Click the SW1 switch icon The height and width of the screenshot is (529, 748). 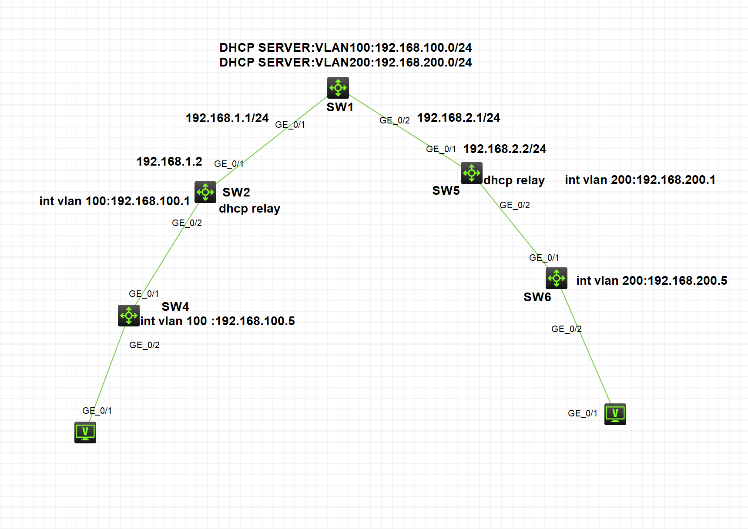338,88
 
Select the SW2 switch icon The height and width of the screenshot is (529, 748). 205,192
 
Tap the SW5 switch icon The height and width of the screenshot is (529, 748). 472,173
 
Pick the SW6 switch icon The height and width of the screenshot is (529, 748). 557,278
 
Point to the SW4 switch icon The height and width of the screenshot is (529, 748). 129,316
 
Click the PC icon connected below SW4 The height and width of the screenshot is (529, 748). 85,433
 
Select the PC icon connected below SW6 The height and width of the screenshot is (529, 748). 615,414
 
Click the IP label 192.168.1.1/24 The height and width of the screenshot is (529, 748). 227,118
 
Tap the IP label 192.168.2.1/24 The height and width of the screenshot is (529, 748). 459,118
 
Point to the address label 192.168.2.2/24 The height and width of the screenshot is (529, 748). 505,149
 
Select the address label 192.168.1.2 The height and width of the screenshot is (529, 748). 169,162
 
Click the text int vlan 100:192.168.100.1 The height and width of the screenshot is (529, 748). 114,201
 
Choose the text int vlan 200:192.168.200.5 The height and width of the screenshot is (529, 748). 651,281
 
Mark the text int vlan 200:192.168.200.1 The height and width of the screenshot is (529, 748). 640,180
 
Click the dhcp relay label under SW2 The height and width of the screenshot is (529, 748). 249,209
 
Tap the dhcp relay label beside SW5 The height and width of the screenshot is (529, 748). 514,180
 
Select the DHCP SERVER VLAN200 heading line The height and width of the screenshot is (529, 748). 345,63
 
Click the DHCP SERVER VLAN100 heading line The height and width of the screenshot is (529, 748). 345,48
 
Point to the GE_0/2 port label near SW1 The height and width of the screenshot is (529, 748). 395,120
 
